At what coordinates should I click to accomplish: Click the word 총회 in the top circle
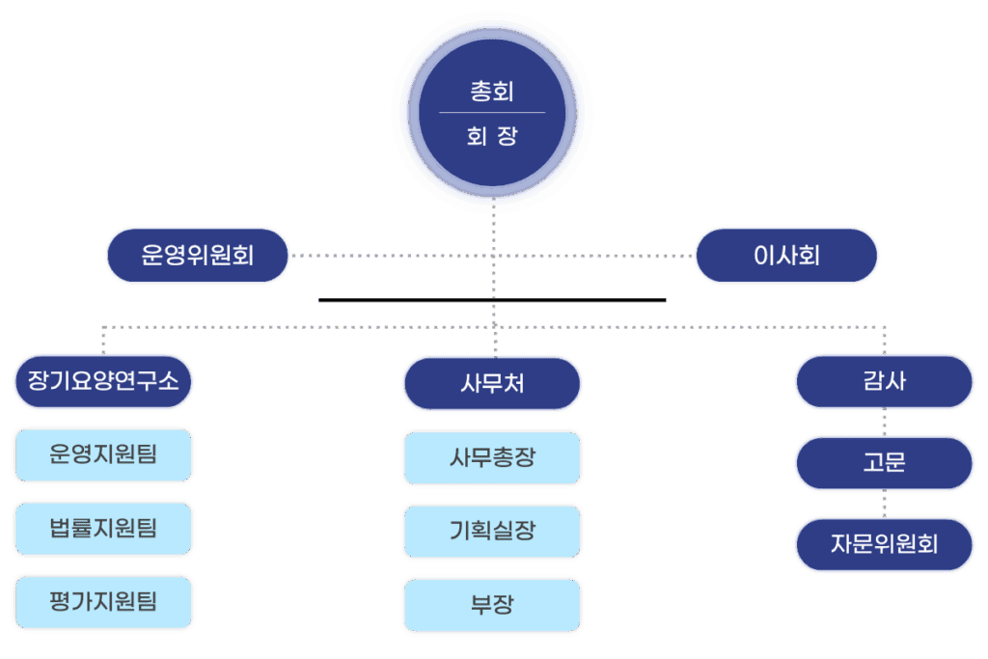click(x=492, y=92)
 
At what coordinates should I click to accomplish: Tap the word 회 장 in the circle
click(x=492, y=136)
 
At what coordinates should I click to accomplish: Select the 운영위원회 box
click(x=198, y=256)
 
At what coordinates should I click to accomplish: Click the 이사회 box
click(x=787, y=256)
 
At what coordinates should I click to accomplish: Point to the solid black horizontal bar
click(x=492, y=300)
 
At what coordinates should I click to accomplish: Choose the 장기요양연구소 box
click(x=104, y=381)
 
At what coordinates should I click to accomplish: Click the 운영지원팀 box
click(x=104, y=454)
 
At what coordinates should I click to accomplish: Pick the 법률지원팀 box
click(x=104, y=528)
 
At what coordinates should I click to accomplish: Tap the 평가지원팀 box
click(x=104, y=603)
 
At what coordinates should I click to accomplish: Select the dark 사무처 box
click(x=492, y=384)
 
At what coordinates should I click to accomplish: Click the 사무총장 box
click(x=492, y=457)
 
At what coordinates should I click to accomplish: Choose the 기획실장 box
click(x=492, y=531)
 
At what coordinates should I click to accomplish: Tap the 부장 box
click(x=492, y=605)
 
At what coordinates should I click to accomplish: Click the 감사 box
click(x=884, y=381)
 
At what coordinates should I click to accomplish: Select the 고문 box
click(x=884, y=463)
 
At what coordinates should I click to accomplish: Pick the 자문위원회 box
click(x=884, y=544)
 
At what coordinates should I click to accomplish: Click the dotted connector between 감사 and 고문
click(x=884, y=423)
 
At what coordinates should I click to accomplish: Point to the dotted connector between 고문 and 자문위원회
click(x=884, y=504)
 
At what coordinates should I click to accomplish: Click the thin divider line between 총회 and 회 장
click(x=492, y=113)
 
